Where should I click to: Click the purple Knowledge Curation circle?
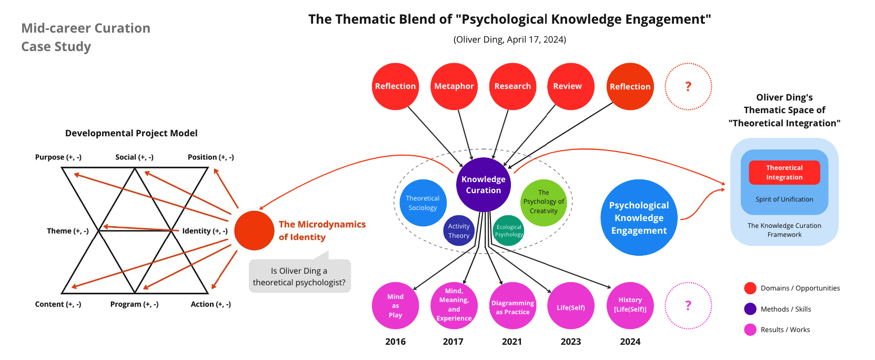click(x=484, y=185)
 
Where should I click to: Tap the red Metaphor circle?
click(x=454, y=86)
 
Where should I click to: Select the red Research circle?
click(x=512, y=86)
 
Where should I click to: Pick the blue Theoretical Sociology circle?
click(x=423, y=203)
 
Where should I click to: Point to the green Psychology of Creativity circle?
click(x=544, y=202)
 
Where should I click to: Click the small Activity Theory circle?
click(x=459, y=231)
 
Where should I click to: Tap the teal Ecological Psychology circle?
click(x=509, y=231)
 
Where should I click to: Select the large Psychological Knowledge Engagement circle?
click(x=639, y=218)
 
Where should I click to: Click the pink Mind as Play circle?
click(x=395, y=306)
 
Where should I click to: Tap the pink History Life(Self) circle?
click(x=630, y=305)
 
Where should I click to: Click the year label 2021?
click(x=512, y=342)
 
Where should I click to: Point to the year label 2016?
click(x=395, y=342)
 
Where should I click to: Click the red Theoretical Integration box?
click(x=784, y=173)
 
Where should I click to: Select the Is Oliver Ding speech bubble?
click(x=299, y=276)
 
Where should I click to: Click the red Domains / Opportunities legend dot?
click(x=750, y=288)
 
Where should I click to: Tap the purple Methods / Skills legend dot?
click(x=750, y=309)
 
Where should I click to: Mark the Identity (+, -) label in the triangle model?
click(x=205, y=231)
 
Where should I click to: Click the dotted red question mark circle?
click(x=688, y=86)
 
